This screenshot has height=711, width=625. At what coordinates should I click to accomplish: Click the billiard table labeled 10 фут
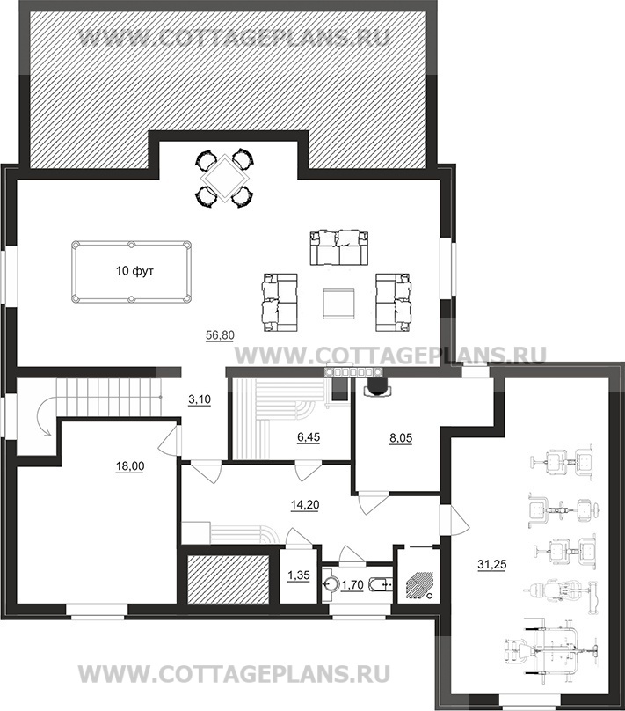tap(131, 272)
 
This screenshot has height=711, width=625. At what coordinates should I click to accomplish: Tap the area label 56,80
tap(220, 335)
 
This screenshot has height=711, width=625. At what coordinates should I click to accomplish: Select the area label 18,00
tap(130, 466)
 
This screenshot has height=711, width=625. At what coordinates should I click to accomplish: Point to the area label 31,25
tap(492, 565)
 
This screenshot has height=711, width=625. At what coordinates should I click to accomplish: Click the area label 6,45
tap(308, 437)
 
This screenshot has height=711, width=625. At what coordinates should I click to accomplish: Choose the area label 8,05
tap(401, 438)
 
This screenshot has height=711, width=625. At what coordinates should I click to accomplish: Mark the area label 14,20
tap(305, 504)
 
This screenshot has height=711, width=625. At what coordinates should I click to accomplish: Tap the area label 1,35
tap(299, 575)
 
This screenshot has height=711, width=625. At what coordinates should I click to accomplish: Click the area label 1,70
tap(352, 585)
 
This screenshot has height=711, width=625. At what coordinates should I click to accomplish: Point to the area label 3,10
tap(200, 399)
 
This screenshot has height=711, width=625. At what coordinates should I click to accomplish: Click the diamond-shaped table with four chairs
tap(224, 179)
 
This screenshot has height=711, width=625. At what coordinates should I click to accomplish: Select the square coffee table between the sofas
tap(339, 304)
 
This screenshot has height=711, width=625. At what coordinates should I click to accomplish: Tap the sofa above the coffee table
tap(339, 247)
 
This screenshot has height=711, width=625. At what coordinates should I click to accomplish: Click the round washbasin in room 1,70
tap(331, 585)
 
